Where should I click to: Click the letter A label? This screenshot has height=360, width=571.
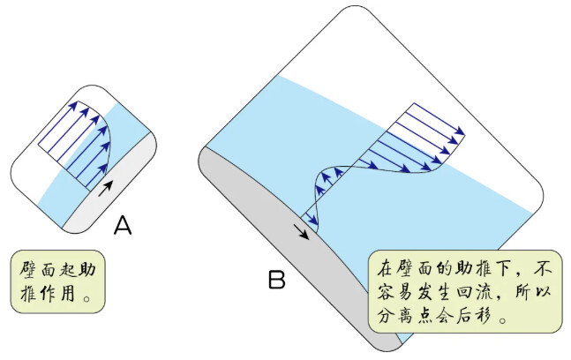123,228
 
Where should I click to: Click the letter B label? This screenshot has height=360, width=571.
277,281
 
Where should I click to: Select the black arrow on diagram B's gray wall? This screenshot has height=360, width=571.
301,230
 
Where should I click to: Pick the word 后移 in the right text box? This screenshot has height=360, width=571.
477,315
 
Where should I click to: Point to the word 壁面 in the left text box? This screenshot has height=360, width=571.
41,268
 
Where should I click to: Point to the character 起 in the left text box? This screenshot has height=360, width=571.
65,268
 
